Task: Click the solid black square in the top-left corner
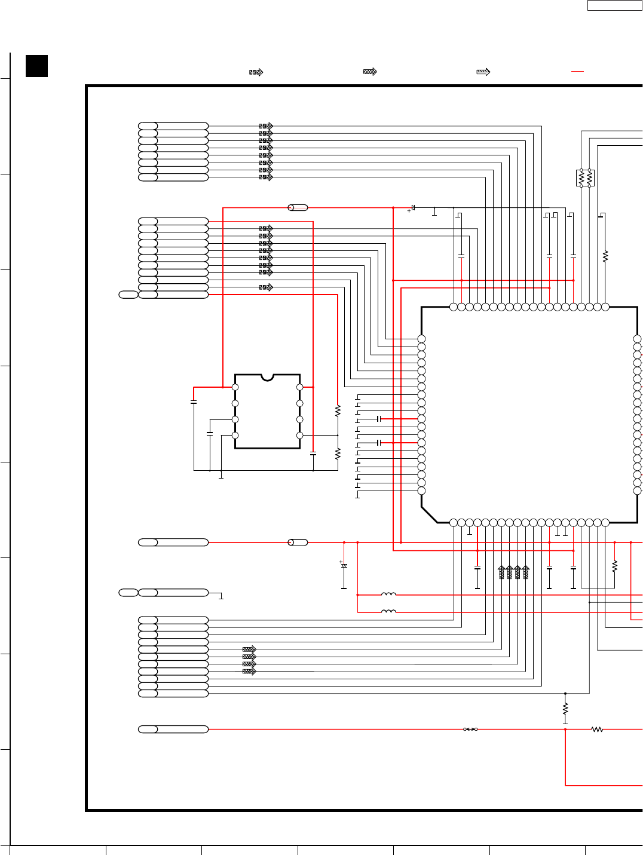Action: pyautogui.click(x=36, y=66)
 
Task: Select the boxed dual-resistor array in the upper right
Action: pyautogui.click(x=585, y=178)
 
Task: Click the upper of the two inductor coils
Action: pyautogui.click(x=388, y=594)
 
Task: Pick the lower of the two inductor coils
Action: pyautogui.click(x=388, y=611)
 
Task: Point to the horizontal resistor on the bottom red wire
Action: pyautogui.click(x=597, y=729)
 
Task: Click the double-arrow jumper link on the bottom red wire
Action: pyautogui.click(x=471, y=729)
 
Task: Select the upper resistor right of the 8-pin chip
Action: pyautogui.click(x=338, y=410)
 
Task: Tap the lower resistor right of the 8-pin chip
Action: pyautogui.click(x=338, y=453)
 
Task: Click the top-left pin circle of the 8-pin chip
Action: pyautogui.click(x=235, y=387)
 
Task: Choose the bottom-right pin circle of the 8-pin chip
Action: pyautogui.click(x=300, y=436)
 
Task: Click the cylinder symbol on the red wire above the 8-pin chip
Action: pyautogui.click(x=298, y=207)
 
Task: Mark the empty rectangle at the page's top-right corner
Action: pyautogui.click(x=614, y=5)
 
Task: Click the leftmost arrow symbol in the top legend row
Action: pyautogui.click(x=256, y=72)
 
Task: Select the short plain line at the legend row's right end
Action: pyautogui.click(x=577, y=71)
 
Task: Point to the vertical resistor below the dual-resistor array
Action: pyautogui.click(x=605, y=256)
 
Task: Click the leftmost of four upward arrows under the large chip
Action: pyautogui.click(x=501, y=572)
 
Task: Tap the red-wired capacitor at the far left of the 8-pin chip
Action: pyautogui.click(x=194, y=402)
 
